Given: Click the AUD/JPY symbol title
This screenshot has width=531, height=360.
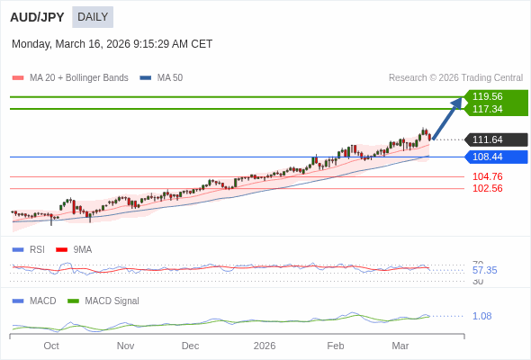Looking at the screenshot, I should tap(37, 17).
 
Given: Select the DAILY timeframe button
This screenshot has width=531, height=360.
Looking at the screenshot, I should tap(93, 17).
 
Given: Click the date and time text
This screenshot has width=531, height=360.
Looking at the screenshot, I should tap(112, 44).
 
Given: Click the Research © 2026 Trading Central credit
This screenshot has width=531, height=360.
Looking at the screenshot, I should tap(455, 78).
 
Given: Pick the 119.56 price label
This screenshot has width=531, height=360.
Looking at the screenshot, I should tap(488, 96).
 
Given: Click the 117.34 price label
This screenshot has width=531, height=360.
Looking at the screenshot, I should tap(488, 109).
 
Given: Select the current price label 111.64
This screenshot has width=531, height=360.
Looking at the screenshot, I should tap(488, 139).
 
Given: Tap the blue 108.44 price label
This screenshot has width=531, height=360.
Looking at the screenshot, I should tap(488, 157).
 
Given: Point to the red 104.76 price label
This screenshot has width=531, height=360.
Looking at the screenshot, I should tap(487, 176).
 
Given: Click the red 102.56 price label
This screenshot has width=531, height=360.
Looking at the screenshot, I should tap(487, 188).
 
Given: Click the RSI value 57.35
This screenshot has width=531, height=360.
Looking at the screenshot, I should tap(484, 270).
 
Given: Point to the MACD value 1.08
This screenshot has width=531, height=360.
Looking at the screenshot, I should tap(481, 316).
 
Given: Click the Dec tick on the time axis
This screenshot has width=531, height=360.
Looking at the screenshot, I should tap(190, 346).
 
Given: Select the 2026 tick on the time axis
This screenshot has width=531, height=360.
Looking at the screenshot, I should tap(265, 346).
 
